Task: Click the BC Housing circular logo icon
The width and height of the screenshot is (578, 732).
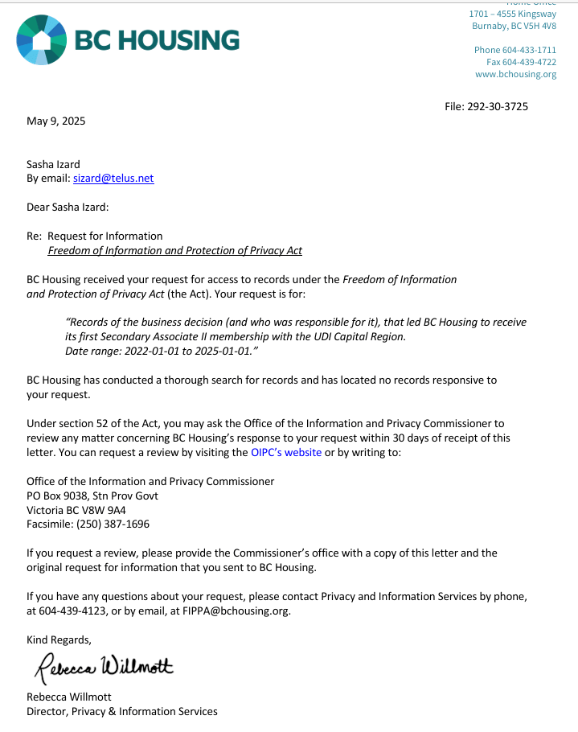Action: point(40,39)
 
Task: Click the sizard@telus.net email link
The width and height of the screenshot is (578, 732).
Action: point(113,179)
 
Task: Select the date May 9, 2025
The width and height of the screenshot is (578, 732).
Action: point(55,121)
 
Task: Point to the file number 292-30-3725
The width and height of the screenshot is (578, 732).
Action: point(498,106)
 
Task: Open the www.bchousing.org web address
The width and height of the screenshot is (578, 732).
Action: point(515,75)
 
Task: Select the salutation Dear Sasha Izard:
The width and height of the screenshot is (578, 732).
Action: point(68,208)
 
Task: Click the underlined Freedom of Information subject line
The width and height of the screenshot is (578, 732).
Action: point(174,251)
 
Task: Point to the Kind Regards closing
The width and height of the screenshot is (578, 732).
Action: point(59,640)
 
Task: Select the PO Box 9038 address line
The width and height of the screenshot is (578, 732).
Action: point(92,496)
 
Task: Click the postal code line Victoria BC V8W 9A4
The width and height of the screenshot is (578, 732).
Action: point(76,510)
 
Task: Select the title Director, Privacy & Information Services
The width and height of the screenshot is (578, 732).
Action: point(122,711)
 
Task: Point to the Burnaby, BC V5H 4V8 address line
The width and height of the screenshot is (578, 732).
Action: point(514,26)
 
